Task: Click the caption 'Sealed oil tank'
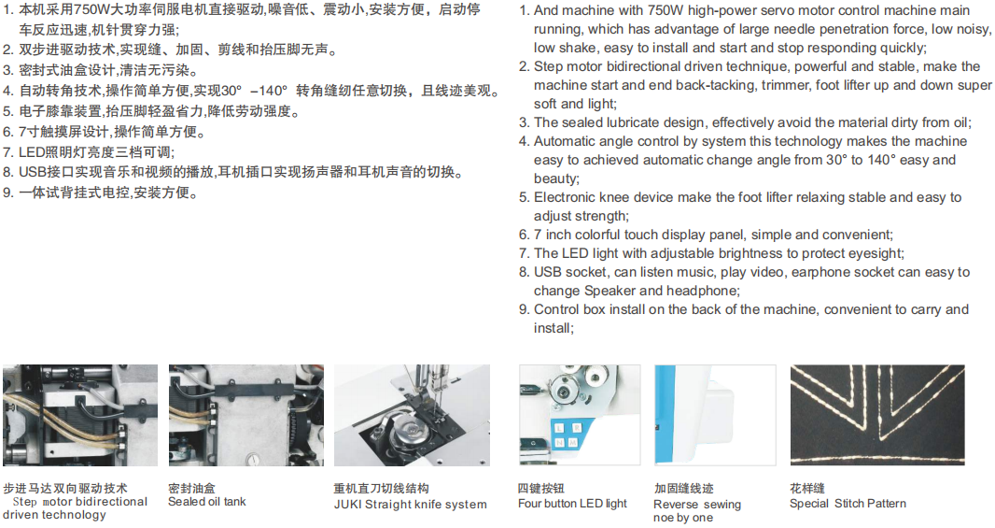coord(207,501)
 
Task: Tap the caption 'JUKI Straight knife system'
coord(410,505)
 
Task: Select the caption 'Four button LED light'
coord(572,503)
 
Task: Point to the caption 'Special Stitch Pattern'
coord(848,503)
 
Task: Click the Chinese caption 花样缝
coord(807,488)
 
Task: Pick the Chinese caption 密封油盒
coord(191,488)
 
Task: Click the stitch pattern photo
coord(877,415)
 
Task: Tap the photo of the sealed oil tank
coord(246,415)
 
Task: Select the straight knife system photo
coord(412,415)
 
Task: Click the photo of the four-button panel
coord(580,415)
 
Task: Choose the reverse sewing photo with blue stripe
coord(715,415)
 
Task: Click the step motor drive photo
coord(80,415)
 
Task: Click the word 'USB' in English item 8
coord(548,272)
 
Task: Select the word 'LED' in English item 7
coord(575,253)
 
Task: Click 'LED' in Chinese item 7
coord(33,151)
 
